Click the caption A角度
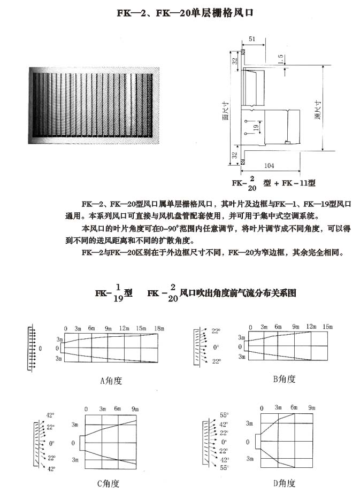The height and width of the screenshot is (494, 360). point(111,381)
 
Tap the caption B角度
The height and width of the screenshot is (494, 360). point(284,379)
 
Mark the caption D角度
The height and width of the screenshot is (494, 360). point(284,483)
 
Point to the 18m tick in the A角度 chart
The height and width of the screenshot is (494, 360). point(159,328)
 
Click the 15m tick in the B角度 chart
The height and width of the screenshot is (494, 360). point(328,327)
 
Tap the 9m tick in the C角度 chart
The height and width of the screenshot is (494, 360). point(135,409)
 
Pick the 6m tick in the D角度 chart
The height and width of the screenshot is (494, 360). point(294,408)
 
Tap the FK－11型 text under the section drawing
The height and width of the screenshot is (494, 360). point(298,183)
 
